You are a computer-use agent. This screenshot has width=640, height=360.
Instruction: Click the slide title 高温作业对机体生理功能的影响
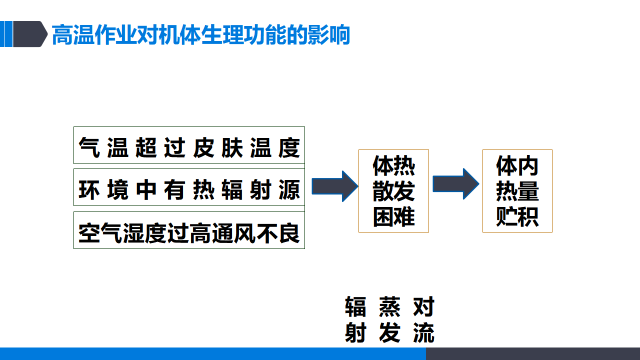[201, 34]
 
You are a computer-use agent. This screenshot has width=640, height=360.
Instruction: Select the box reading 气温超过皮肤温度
[189, 145]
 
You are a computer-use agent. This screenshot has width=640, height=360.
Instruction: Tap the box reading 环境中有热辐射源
[189, 187]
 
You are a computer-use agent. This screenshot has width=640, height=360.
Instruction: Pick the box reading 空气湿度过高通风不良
[189, 230]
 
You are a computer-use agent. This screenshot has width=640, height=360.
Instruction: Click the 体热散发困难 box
[393, 191]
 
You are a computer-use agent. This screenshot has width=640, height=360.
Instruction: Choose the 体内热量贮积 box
[517, 191]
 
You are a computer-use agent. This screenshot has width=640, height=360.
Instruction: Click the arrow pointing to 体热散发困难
[335, 186]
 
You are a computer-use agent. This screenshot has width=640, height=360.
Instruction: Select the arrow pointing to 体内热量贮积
[456, 183]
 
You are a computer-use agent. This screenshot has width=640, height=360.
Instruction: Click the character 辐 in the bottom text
[355, 307]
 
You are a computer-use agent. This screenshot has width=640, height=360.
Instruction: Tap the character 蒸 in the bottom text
[389, 307]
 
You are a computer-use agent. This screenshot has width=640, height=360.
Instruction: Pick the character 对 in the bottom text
[423, 307]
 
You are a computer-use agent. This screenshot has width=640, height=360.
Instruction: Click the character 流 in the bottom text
[423, 332]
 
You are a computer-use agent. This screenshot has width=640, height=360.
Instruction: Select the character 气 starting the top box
[89, 147]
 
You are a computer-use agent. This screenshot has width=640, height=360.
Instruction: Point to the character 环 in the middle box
[89, 189]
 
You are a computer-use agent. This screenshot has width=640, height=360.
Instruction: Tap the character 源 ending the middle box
[289, 189]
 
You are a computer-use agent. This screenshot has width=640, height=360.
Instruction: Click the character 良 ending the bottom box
[289, 233]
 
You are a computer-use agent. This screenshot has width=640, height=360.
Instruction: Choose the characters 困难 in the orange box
[393, 216]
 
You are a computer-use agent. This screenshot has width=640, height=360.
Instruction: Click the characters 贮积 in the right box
[517, 216]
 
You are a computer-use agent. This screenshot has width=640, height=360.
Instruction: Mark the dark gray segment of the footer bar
[533, 353]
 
